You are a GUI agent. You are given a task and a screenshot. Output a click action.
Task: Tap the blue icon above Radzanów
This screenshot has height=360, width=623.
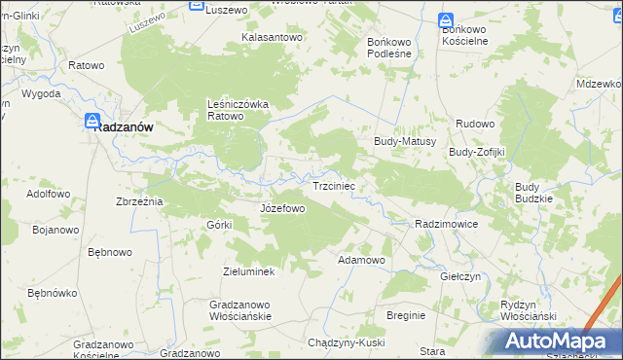(x=92, y=122)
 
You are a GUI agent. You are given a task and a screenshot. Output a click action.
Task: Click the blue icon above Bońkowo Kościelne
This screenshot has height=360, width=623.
(x=445, y=19)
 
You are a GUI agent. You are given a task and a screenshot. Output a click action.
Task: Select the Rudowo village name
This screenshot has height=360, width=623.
(x=477, y=124)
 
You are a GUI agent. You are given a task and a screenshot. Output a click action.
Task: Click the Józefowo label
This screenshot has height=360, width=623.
(x=283, y=208)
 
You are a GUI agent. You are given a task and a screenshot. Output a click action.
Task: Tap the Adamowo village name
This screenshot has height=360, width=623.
(x=362, y=261)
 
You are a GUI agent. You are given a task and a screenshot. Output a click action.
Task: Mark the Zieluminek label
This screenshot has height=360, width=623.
(x=249, y=271)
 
